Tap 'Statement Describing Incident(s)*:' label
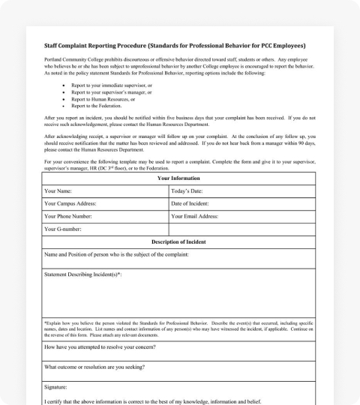click(x=83, y=275)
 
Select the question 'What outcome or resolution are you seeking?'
click(x=94, y=367)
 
